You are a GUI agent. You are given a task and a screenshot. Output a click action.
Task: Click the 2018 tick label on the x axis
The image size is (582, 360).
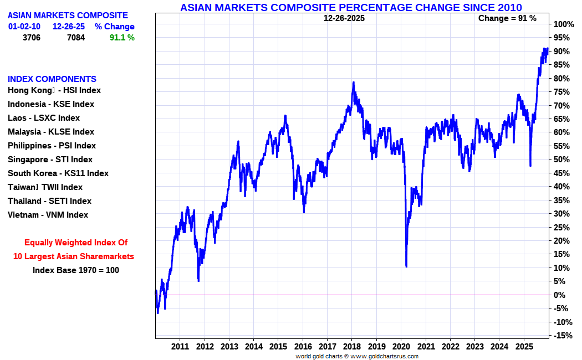(352, 347)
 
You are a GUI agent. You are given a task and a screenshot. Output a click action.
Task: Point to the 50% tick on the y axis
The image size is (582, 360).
(561, 160)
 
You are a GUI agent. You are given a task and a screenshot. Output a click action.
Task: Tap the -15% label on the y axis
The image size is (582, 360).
(563, 336)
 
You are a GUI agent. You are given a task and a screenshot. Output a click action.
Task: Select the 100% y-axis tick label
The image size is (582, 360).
(564, 24)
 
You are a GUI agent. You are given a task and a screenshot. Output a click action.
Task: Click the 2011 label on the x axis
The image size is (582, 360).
(180, 347)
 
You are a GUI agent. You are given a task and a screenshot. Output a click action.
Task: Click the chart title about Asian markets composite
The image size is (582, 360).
(351, 7)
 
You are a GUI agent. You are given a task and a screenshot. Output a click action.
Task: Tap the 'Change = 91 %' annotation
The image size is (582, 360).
(507, 18)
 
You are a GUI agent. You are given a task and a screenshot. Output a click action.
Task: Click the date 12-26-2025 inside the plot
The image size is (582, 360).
(344, 18)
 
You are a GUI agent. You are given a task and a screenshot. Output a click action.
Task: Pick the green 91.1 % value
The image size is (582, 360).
(122, 38)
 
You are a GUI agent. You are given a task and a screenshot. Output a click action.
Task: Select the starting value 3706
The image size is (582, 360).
(32, 38)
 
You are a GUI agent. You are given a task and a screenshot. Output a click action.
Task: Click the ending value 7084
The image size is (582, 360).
(76, 38)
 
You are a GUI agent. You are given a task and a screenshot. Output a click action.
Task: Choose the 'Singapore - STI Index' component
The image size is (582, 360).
(50, 160)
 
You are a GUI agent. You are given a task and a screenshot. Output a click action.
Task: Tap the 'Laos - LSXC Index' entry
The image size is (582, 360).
(44, 118)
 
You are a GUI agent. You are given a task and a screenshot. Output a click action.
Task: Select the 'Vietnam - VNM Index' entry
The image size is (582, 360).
(48, 215)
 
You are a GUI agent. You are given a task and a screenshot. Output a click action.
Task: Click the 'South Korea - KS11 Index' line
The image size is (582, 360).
(58, 173)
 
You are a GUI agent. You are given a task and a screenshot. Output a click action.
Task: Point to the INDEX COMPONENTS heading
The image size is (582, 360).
(52, 79)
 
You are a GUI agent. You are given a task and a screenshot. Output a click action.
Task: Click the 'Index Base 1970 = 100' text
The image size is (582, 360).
(76, 270)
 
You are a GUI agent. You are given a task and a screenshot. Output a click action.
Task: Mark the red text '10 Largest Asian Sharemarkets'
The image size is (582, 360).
(74, 256)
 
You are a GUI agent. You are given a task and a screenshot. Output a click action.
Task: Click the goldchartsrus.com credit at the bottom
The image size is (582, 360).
(357, 356)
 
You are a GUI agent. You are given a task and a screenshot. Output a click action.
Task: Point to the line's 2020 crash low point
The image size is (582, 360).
(406, 266)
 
